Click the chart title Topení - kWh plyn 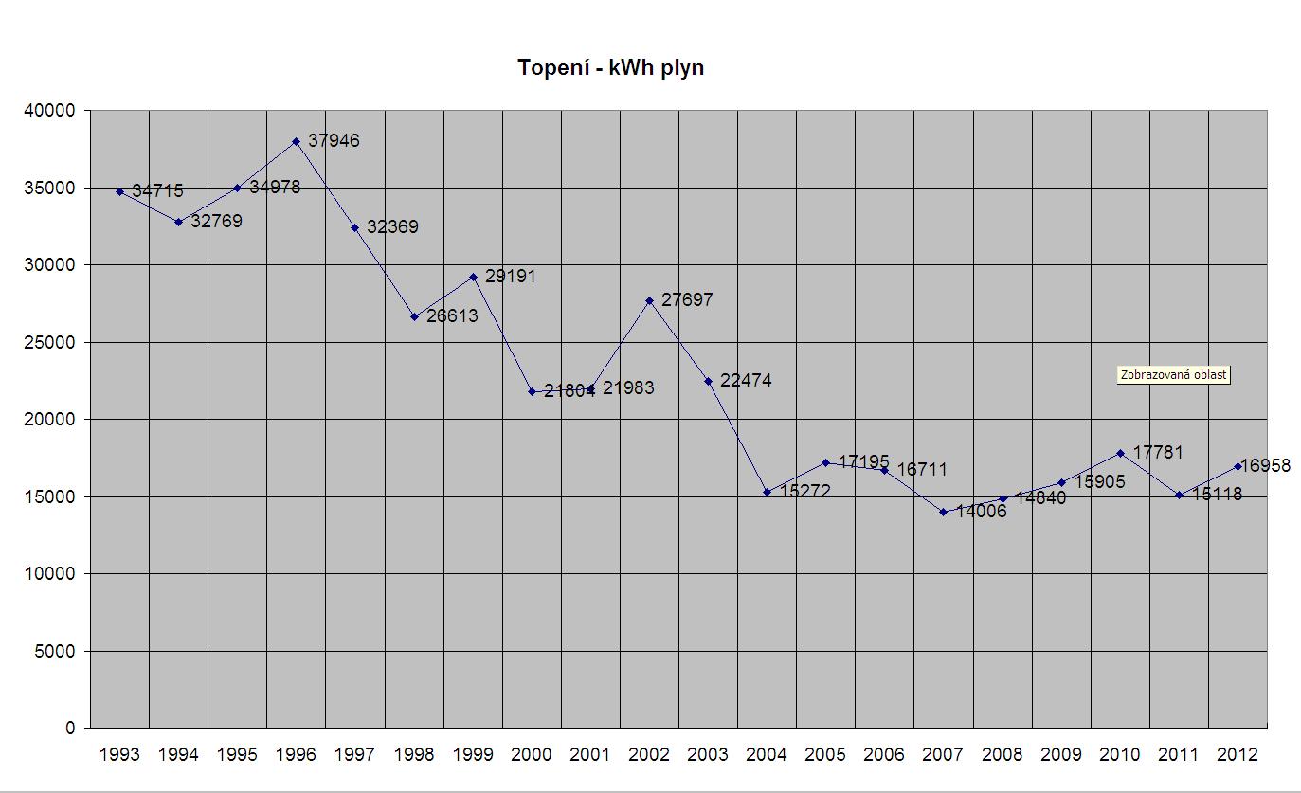(x=610, y=68)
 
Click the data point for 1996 (x=296, y=141)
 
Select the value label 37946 (x=334, y=140)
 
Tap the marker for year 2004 (x=767, y=492)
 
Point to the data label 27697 (x=687, y=299)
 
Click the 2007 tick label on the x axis (x=943, y=755)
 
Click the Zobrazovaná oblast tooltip (x=1173, y=374)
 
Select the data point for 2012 (x=1238, y=466)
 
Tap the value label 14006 (x=981, y=513)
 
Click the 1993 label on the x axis (x=119, y=755)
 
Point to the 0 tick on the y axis (x=70, y=729)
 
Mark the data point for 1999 (x=473, y=277)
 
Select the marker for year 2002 (x=649, y=300)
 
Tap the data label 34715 (x=157, y=191)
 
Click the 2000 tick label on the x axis (x=531, y=755)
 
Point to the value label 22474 (x=746, y=381)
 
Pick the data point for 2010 (x=1120, y=453)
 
